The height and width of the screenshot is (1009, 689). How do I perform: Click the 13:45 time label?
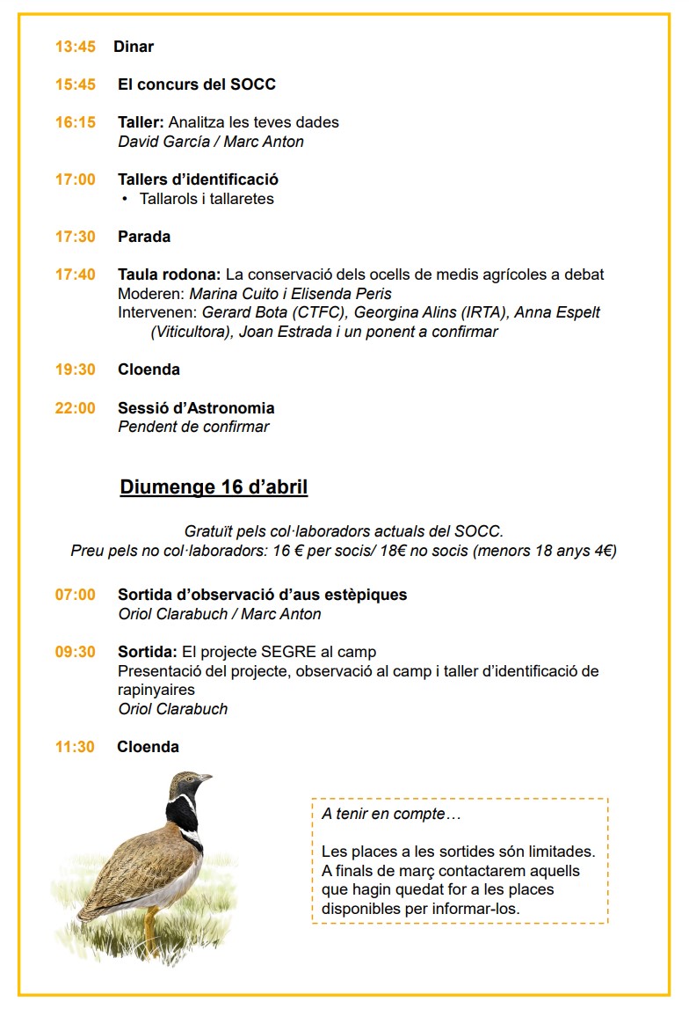click(x=75, y=47)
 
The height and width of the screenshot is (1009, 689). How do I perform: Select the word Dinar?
click(x=134, y=47)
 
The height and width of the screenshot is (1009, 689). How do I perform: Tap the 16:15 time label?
click(x=75, y=122)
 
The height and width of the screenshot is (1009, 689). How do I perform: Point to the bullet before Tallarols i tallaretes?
click(x=126, y=199)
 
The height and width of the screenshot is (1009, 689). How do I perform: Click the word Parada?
click(x=144, y=237)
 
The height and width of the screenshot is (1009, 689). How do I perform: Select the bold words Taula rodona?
click(x=169, y=274)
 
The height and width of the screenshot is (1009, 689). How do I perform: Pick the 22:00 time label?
click(x=75, y=408)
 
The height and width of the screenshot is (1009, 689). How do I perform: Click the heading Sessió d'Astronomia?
click(x=196, y=408)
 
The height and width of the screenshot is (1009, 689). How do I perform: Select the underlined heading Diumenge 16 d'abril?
click(x=214, y=487)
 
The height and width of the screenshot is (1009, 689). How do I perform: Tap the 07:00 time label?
click(x=75, y=595)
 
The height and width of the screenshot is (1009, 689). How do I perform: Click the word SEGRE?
click(x=283, y=652)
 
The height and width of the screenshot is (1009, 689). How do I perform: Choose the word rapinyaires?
click(x=156, y=690)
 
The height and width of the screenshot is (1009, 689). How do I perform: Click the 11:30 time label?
click(x=75, y=747)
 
